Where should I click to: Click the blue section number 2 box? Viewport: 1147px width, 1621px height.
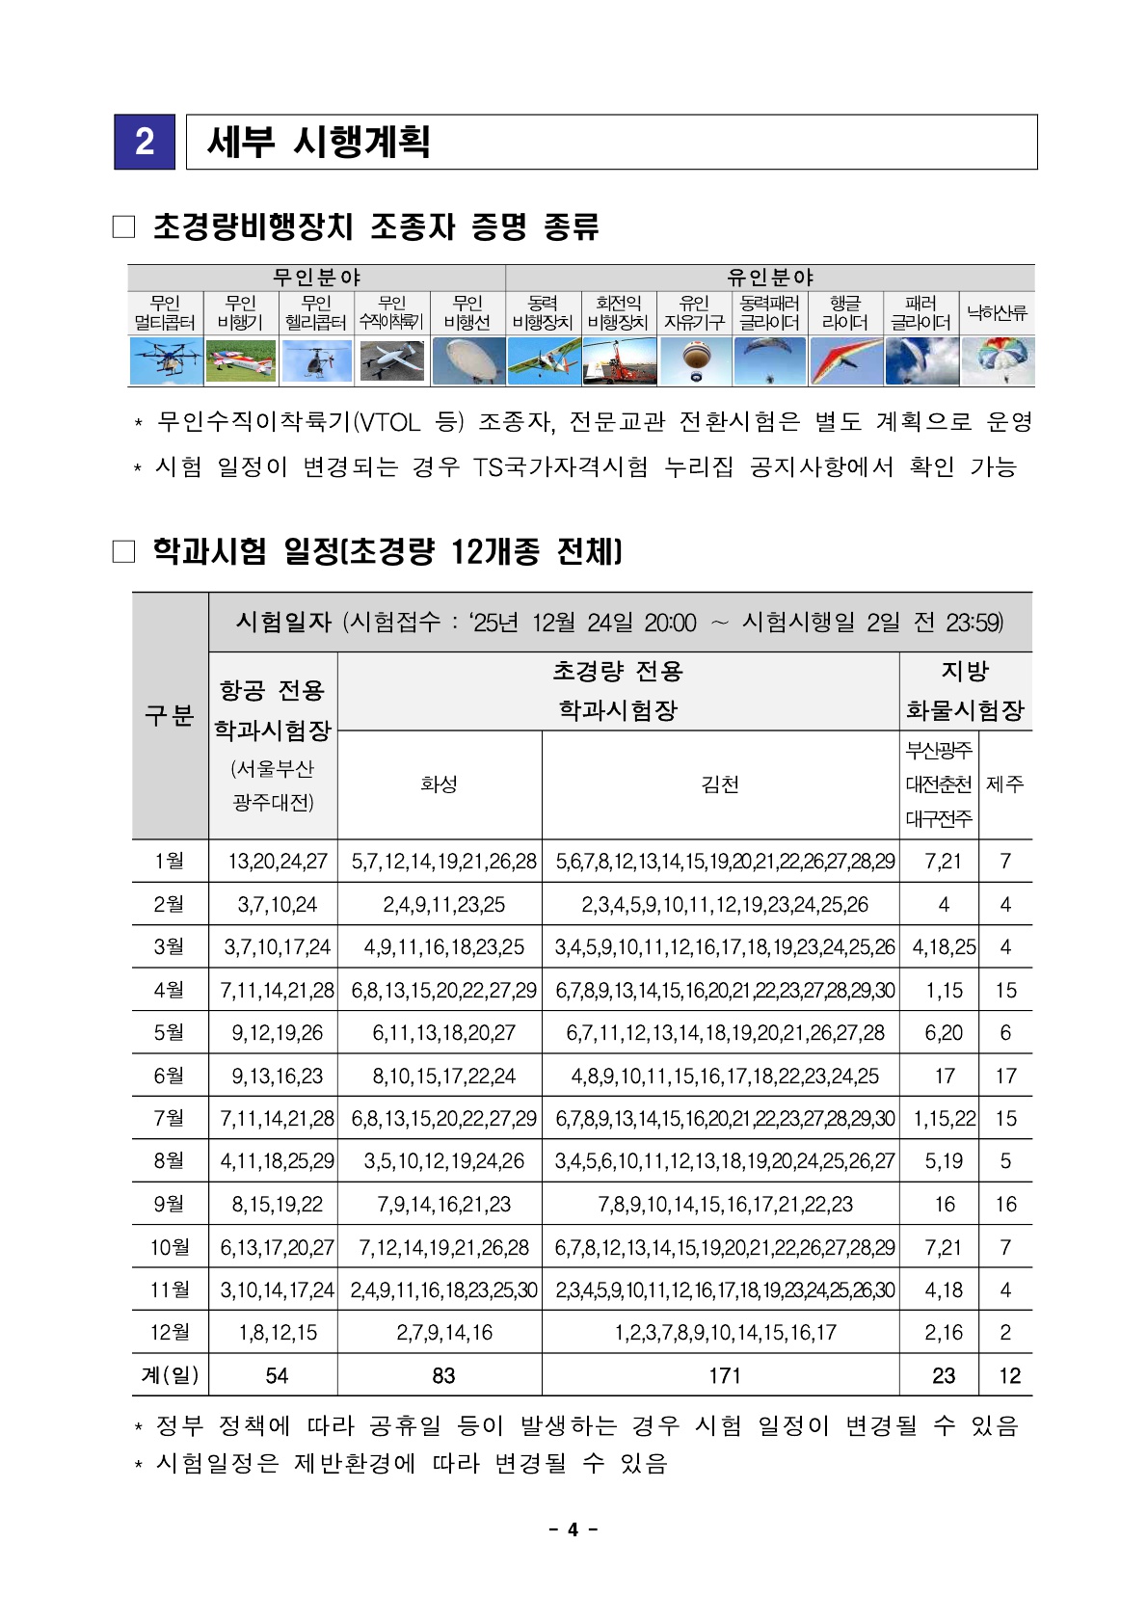pos(145,142)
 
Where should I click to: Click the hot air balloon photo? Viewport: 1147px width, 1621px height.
pos(695,360)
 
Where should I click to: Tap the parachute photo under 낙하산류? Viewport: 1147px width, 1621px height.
pos(997,360)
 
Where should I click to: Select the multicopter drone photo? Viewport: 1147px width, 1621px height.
pos(165,360)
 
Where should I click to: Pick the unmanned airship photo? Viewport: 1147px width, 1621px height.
pos(467,360)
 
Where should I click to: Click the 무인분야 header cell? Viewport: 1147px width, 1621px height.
pos(316,278)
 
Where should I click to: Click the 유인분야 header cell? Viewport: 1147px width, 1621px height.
pos(769,278)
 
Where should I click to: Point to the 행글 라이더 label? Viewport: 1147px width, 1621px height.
pos(845,313)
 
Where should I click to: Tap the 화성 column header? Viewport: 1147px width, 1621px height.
pos(440,784)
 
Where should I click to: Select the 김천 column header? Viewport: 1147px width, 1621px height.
pos(720,784)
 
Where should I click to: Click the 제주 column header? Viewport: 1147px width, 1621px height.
pos(1005,784)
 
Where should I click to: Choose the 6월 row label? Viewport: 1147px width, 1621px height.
pos(169,1076)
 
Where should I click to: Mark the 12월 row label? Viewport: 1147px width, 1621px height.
pos(169,1332)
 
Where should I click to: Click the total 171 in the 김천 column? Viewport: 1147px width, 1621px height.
pos(724,1375)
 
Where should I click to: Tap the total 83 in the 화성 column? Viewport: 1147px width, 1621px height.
pos(443,1375)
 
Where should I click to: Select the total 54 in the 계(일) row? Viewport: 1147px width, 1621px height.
pos(277,1375)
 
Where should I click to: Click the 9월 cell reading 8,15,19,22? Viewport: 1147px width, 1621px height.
pos(277,1204)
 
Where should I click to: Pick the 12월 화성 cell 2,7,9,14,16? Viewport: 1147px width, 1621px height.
pos(443,1332)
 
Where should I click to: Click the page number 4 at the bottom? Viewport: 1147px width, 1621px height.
pos(573,1529)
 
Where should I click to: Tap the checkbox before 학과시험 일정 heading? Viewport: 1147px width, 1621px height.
pos(123,551)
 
